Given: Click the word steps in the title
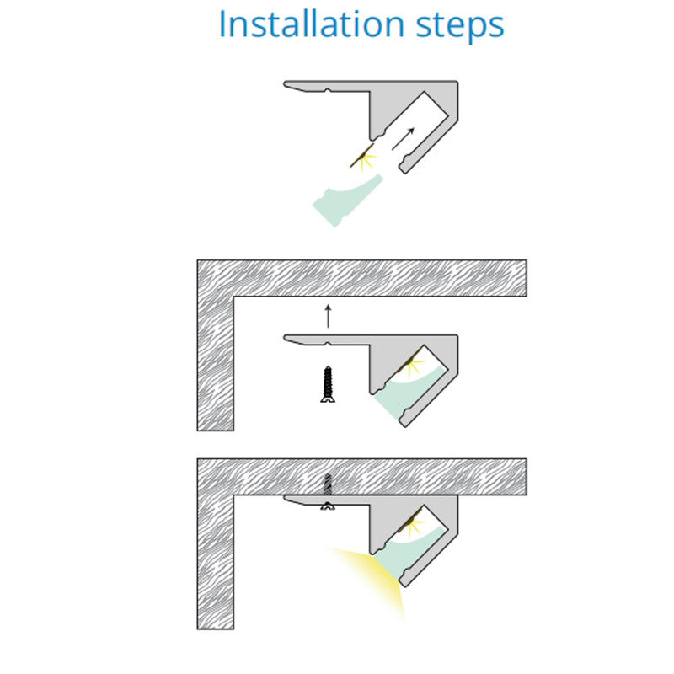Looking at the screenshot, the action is (460, 26).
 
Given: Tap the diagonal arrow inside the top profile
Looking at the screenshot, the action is (403, 139).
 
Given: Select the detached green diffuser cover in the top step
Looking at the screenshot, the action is (347, 201).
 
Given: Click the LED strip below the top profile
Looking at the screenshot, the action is (362, 155).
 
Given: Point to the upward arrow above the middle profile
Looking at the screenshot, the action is (328, 316).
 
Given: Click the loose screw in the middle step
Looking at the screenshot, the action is (328, 384).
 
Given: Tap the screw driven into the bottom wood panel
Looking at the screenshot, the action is (328, 484).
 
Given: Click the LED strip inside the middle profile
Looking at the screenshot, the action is (409, 361).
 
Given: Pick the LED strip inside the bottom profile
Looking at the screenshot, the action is (409, 521).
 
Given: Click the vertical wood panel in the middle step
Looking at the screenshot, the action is (216, 363).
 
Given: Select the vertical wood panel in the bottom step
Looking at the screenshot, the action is (216, 562).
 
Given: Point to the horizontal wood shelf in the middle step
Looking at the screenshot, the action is (362, 278).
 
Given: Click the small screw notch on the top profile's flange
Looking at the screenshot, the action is (328, 90).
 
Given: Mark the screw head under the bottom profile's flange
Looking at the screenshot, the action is (328, 506).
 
